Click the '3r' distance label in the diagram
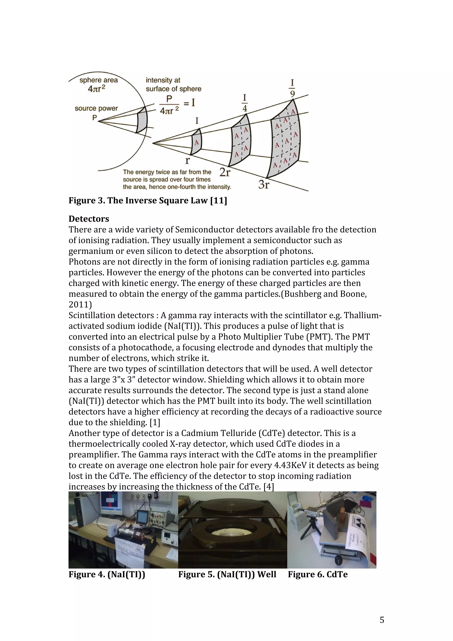point(263,184)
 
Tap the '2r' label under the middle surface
point(225,173)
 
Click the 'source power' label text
point(96,108)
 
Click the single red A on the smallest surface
point(196,143)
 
